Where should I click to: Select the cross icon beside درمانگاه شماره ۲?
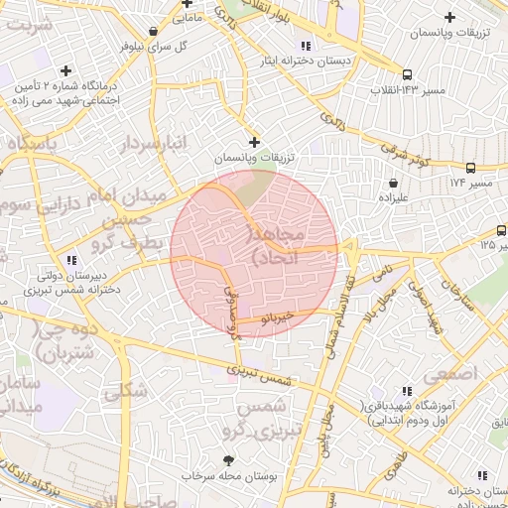65,70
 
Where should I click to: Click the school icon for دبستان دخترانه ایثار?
306,46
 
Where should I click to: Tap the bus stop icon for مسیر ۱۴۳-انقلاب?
407,74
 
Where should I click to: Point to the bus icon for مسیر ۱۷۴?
470,168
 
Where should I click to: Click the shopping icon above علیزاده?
395,183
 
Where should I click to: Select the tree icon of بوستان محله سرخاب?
229,460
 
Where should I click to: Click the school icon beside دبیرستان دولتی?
68,260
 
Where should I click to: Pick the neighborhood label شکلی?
125,390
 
